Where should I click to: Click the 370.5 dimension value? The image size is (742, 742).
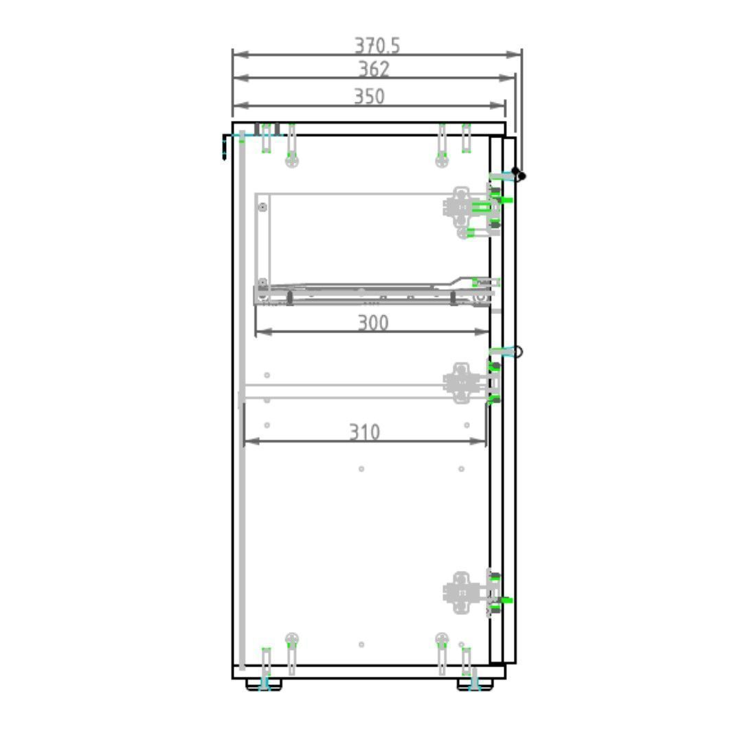click(x=377, y=46)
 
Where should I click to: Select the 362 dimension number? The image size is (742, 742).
click(x=374, y=69)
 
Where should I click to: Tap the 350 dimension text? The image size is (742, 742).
click(x=369, y=97)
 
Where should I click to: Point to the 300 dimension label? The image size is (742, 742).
click(x=373, y=323)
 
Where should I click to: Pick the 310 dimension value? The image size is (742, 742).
click(x=364, y=432)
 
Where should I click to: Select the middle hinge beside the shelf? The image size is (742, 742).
click(x=466, y=383)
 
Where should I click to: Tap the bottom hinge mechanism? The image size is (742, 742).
click(x=466, y=593)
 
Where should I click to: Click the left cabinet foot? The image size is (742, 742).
click(x=264, y=684)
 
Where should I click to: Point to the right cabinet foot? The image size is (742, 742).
click(x=475, y=684)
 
